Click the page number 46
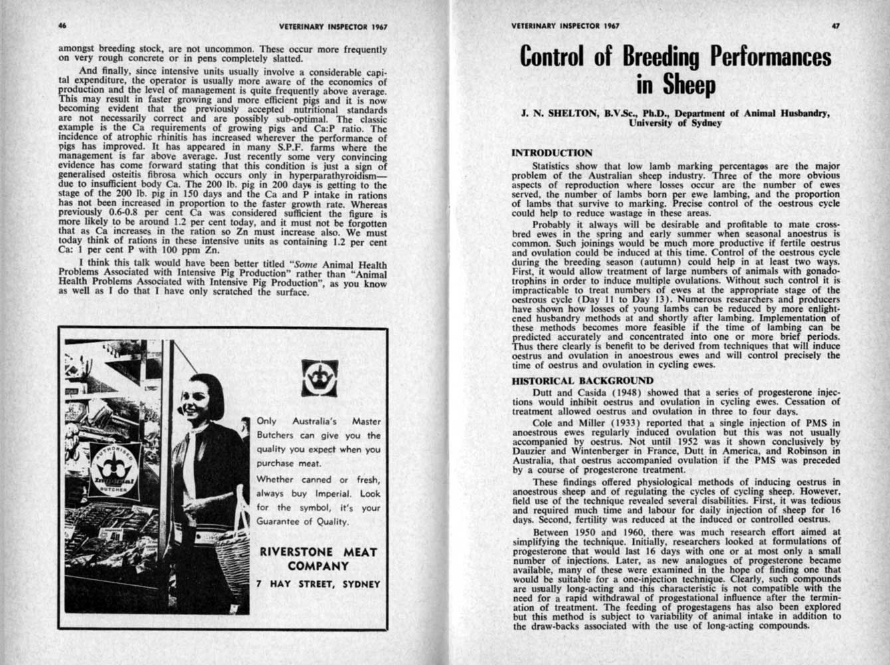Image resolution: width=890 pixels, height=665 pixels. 63,26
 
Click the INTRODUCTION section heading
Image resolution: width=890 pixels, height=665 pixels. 551,153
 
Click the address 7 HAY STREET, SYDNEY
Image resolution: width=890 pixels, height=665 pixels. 318,585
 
